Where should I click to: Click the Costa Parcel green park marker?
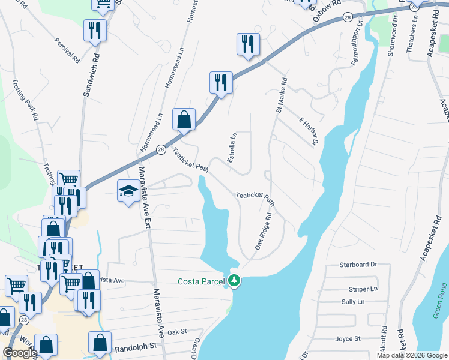234,280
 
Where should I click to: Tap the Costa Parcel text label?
201,281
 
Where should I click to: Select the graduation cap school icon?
128,191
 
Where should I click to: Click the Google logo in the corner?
20,353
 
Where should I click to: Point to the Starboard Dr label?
357,264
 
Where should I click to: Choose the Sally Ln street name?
352,302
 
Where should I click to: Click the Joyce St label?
348,338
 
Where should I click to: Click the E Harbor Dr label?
307,131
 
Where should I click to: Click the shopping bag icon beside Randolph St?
100,343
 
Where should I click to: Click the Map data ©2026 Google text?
411,355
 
